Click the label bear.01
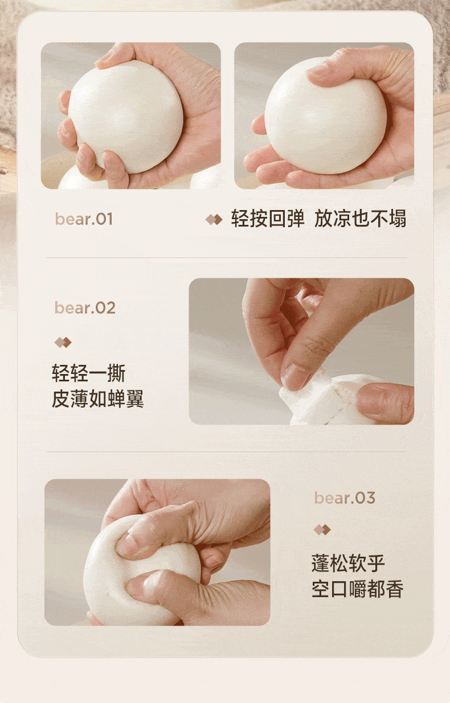[x=84, y=219]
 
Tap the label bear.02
[x=85, y=307]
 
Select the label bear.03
[x=345, y=498]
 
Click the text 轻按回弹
[x=268, y=219]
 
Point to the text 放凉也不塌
[x=360, y=219]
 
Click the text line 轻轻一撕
[x=88, y=373]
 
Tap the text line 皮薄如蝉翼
[x=97, y=399]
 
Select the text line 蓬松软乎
[x=348, y=564]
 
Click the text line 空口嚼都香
[x=357, y=589]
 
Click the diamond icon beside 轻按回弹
[x=214, y=219]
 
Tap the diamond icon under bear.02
[x=63, y=343]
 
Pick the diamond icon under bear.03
[x=322, y=530]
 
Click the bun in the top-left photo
[x=126, y=116]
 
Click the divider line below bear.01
[x=226, y=258]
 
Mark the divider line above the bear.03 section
[x=226, y=452]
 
